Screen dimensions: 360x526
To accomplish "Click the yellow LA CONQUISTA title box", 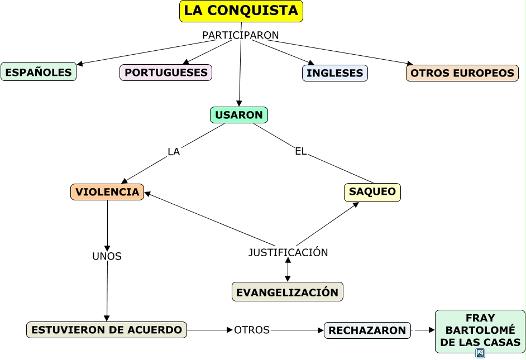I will (241, 11).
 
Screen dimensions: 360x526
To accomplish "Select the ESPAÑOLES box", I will (39, 72).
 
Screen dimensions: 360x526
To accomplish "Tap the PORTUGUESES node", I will (166, 73).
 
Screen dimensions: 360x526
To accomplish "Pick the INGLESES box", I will (335, 73).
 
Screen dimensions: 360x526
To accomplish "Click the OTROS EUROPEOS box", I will (462, 73).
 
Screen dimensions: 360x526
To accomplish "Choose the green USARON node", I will (239, 115).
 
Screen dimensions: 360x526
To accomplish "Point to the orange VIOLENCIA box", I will (107, 192).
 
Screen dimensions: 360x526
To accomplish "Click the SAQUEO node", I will (372, 192).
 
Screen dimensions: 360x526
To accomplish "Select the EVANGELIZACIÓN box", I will (287, 292).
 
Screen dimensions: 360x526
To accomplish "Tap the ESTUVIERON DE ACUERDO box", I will (107, 330).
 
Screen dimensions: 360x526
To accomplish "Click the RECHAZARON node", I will (367, 330).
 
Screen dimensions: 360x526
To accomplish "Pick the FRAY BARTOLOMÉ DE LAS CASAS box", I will (480, 330).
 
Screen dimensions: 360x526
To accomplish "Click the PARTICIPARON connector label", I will (241, 35).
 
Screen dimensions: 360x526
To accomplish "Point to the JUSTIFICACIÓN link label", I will (288, 252).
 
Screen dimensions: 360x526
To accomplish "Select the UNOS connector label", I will (107, 256).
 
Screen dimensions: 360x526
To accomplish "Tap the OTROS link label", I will (252, 330).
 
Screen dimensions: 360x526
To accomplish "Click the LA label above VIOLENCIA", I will (174, 152).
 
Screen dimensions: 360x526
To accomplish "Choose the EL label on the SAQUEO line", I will (301, 151).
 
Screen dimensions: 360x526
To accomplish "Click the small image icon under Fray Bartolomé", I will (480, 353).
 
